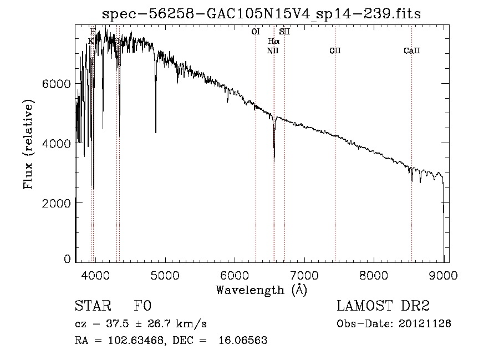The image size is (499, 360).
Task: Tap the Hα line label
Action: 274,41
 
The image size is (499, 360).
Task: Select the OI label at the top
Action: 256,32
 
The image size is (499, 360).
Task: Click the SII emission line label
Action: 284,32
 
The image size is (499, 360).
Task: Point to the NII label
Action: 273,50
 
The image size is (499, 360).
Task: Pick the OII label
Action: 335,50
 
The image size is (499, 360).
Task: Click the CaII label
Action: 411,50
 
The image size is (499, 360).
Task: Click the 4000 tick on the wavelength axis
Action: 95,275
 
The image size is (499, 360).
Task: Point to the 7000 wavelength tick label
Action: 304,275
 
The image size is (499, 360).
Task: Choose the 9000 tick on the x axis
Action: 444,275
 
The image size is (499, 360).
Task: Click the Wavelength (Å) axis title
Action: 261,290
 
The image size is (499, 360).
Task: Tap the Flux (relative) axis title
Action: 28,144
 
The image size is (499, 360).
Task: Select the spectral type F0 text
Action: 142,306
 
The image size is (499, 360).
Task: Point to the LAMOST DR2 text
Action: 383,306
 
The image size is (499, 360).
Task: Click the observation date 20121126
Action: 425,323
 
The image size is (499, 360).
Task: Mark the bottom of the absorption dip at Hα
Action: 274,159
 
